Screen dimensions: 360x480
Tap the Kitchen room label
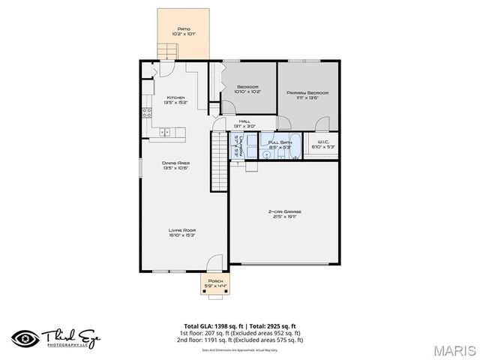point(176,100)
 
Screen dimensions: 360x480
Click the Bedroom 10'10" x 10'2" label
point(247,89)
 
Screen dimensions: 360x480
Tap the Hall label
point(244,123)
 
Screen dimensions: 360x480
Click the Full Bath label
point(279,143)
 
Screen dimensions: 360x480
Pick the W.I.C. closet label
point(323,144)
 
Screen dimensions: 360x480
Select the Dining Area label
point(175,165)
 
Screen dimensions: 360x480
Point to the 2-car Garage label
point(286,214)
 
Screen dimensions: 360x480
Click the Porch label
point(215,283)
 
